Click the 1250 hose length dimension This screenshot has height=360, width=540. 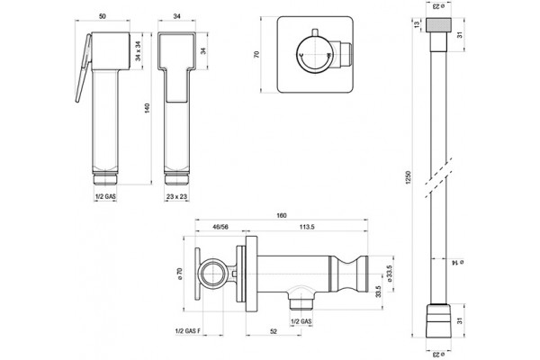coord(408,177)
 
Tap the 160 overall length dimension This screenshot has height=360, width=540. coord(282,216)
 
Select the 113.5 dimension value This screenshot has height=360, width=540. coord(307,227)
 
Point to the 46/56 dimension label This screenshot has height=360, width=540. coord(220,227)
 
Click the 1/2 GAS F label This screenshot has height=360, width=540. coord(188,331)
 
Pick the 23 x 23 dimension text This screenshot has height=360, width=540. coord(176,197)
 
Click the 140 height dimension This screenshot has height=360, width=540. coord(148,108)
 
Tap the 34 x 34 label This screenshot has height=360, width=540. coord(138,51)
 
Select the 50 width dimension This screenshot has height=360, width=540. coord(103,16)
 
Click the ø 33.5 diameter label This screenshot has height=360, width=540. coord(390,274)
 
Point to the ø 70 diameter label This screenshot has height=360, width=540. coord(180,274)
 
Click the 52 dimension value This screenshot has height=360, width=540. coord(273,331)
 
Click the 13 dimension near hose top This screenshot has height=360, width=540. coord(417,24)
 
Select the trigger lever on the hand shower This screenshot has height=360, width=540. coord(84,67)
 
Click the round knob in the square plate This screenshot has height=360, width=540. coord(314,55)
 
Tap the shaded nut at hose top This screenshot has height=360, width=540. coord(438,25)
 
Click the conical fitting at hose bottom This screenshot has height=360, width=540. coord(438,320)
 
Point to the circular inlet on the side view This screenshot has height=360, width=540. coord(211,274)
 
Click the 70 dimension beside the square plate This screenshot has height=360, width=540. coord(256,54)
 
